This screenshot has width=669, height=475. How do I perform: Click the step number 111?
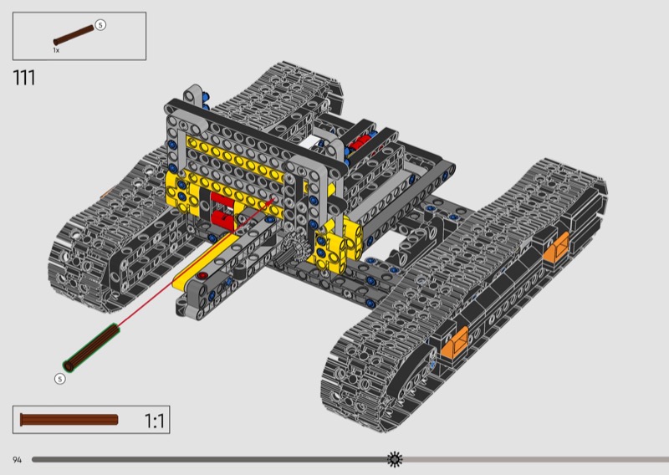[24, 78]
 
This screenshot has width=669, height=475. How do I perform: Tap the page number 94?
[17, 460]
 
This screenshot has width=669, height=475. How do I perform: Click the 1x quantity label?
[56, 50]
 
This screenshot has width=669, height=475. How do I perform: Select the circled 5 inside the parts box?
[100, 25]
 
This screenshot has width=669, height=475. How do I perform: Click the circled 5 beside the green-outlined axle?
[60, 379]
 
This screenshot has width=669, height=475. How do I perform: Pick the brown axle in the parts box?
[74, 35]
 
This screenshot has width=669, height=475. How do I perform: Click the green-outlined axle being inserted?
[91, 347]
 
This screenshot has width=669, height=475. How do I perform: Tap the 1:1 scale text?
[155, 421]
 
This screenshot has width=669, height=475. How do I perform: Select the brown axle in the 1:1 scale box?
[69, 420]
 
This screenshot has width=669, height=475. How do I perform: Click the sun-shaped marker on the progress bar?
[395, 459]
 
